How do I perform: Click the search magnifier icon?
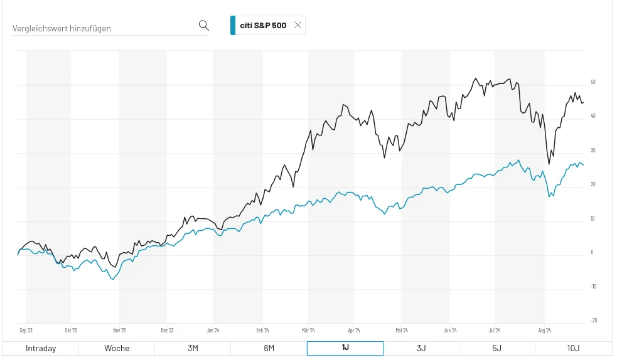click(203, 25)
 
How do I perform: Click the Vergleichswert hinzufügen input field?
click(104, 28)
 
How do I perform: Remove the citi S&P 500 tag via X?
click(298, 25)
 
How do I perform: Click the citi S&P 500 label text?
click(263, 26)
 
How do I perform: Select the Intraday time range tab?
click(41, 349)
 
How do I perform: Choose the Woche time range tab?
click(117, 349)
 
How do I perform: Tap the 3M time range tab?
click(193, 349)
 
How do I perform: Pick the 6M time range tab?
click(269, 349)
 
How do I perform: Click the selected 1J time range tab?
click(345, 349)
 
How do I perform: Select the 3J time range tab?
click(421, 349)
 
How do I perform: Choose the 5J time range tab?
click(497, 349)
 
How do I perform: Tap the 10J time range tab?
click(573, 349)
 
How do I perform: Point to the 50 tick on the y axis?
click(593, 82)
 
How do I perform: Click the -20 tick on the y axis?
click(594, 320)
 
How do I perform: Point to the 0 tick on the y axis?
click(593, 252)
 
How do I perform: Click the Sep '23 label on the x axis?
click(26, 330)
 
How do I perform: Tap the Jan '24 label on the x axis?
click(213, 330)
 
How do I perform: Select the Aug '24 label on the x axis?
click(544, 330)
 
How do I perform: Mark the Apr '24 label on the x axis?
click(354, 330)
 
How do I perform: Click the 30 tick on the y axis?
click(593, 151)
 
